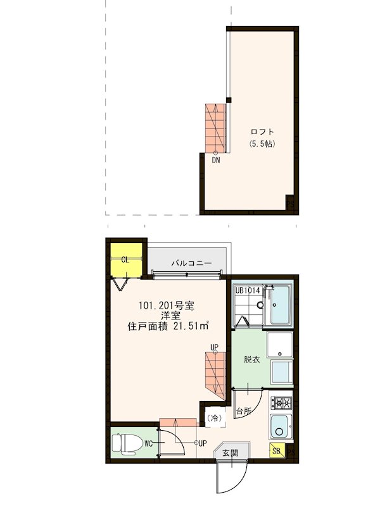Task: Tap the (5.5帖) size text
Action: [262, 144]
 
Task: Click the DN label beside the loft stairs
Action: [216, 160]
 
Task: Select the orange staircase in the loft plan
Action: [215, 124]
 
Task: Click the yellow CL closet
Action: [125, 259]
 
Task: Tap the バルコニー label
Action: [190, 262]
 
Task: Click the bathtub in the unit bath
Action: [281, 305]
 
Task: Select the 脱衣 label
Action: [252, 359]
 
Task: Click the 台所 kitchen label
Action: [244, 412]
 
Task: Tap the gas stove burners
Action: [281, 402]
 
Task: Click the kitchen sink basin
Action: [281, 429]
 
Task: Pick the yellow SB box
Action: [277, 451]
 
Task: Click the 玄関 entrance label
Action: [231, 452]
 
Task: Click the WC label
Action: [147, 443]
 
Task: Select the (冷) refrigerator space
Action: [215, 417]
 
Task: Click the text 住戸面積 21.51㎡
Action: [168, 326]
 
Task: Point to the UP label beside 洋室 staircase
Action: [215, 347]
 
